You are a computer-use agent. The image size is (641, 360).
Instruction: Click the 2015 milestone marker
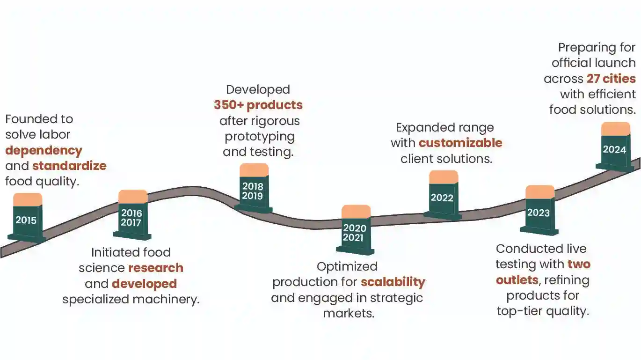(27, 218)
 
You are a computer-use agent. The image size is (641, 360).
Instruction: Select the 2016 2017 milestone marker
(132, 215)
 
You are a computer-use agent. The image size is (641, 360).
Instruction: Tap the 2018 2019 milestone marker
(253, 188)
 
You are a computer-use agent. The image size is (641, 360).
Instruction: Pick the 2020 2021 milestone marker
(355, 230)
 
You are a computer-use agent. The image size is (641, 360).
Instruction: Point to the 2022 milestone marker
(443, 195)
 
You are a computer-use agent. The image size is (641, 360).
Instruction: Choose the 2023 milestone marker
(539, 210)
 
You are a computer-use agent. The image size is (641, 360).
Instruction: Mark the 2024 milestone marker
(615, 147)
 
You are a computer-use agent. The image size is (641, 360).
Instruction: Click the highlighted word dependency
(44, 151)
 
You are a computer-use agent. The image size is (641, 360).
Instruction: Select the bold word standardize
(70, 166)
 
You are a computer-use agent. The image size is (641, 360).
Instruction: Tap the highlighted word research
(156, 268)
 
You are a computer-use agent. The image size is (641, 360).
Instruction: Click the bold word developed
(145, 284)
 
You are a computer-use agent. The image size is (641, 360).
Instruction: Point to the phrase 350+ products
(258, 105)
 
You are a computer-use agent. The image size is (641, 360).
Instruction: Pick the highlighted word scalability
(393, 282)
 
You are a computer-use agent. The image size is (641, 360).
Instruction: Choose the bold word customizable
(461, 143)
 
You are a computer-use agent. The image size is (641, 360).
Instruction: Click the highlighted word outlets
(517, 280)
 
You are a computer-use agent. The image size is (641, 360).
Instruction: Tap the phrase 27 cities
(611, 79)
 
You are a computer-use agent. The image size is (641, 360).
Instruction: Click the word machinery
(166, 300)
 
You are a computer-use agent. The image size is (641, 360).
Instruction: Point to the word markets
(349, 313)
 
